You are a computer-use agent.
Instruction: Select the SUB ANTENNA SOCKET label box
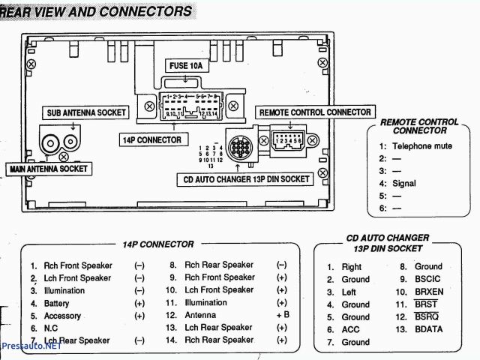[x=82, y=112]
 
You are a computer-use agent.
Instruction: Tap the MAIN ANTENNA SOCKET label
[x=49, y=169]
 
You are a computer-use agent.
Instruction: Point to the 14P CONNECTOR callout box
[x=151, y=139]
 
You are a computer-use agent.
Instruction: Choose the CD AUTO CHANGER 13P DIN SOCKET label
[x=244, y=179]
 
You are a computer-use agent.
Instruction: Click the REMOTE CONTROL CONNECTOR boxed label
[x=315, y=112]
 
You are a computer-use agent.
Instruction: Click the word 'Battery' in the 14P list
[x=58, y=303]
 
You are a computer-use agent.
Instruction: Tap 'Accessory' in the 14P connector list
[x=62, y=316]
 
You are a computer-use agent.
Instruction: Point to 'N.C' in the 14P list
[x=52, y=328]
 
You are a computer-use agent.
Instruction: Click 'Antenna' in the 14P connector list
[x=200, y=316]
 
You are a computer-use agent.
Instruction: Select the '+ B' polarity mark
[x=282, y=316]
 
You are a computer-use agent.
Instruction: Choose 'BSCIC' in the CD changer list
[x=428, y=279]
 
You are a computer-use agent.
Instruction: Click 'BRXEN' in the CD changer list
[x=430, y=292]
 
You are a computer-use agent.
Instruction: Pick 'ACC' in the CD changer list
[x=350, y=330]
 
